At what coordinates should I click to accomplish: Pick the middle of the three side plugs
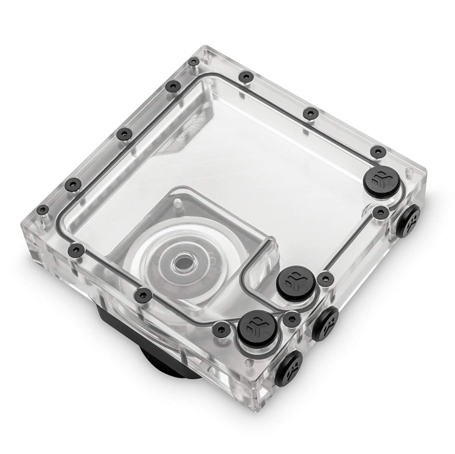(325, 321)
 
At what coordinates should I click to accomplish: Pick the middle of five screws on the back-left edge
(122, 133)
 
